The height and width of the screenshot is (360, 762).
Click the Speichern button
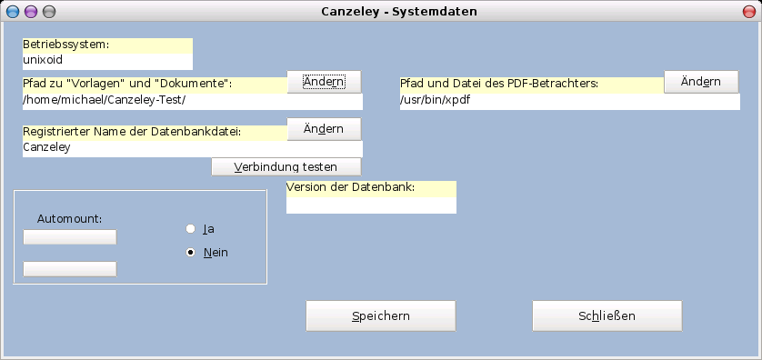(380, 316)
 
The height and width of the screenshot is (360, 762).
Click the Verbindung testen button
(286, 167)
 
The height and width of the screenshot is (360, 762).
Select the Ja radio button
(191, 229)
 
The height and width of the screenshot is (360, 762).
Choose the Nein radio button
(191, 252)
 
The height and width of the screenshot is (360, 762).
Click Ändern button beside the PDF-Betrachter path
(701, 82)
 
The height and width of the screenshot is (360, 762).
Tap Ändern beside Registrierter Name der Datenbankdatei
(325, 129)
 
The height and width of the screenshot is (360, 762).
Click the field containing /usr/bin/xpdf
(570, 101)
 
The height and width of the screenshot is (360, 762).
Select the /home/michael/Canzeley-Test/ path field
(193, 101)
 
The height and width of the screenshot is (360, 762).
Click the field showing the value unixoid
(107, 61)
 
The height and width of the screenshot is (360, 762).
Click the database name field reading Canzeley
(193, 148)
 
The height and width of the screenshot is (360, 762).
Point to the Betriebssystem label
(66, 45)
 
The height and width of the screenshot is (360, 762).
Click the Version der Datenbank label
(351, 188)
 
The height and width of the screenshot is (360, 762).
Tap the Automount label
(69, 218)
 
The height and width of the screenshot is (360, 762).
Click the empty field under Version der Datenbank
(371, 205)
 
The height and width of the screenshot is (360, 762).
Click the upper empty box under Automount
(70, 237)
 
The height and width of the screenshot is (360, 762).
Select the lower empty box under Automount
(70, 268)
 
